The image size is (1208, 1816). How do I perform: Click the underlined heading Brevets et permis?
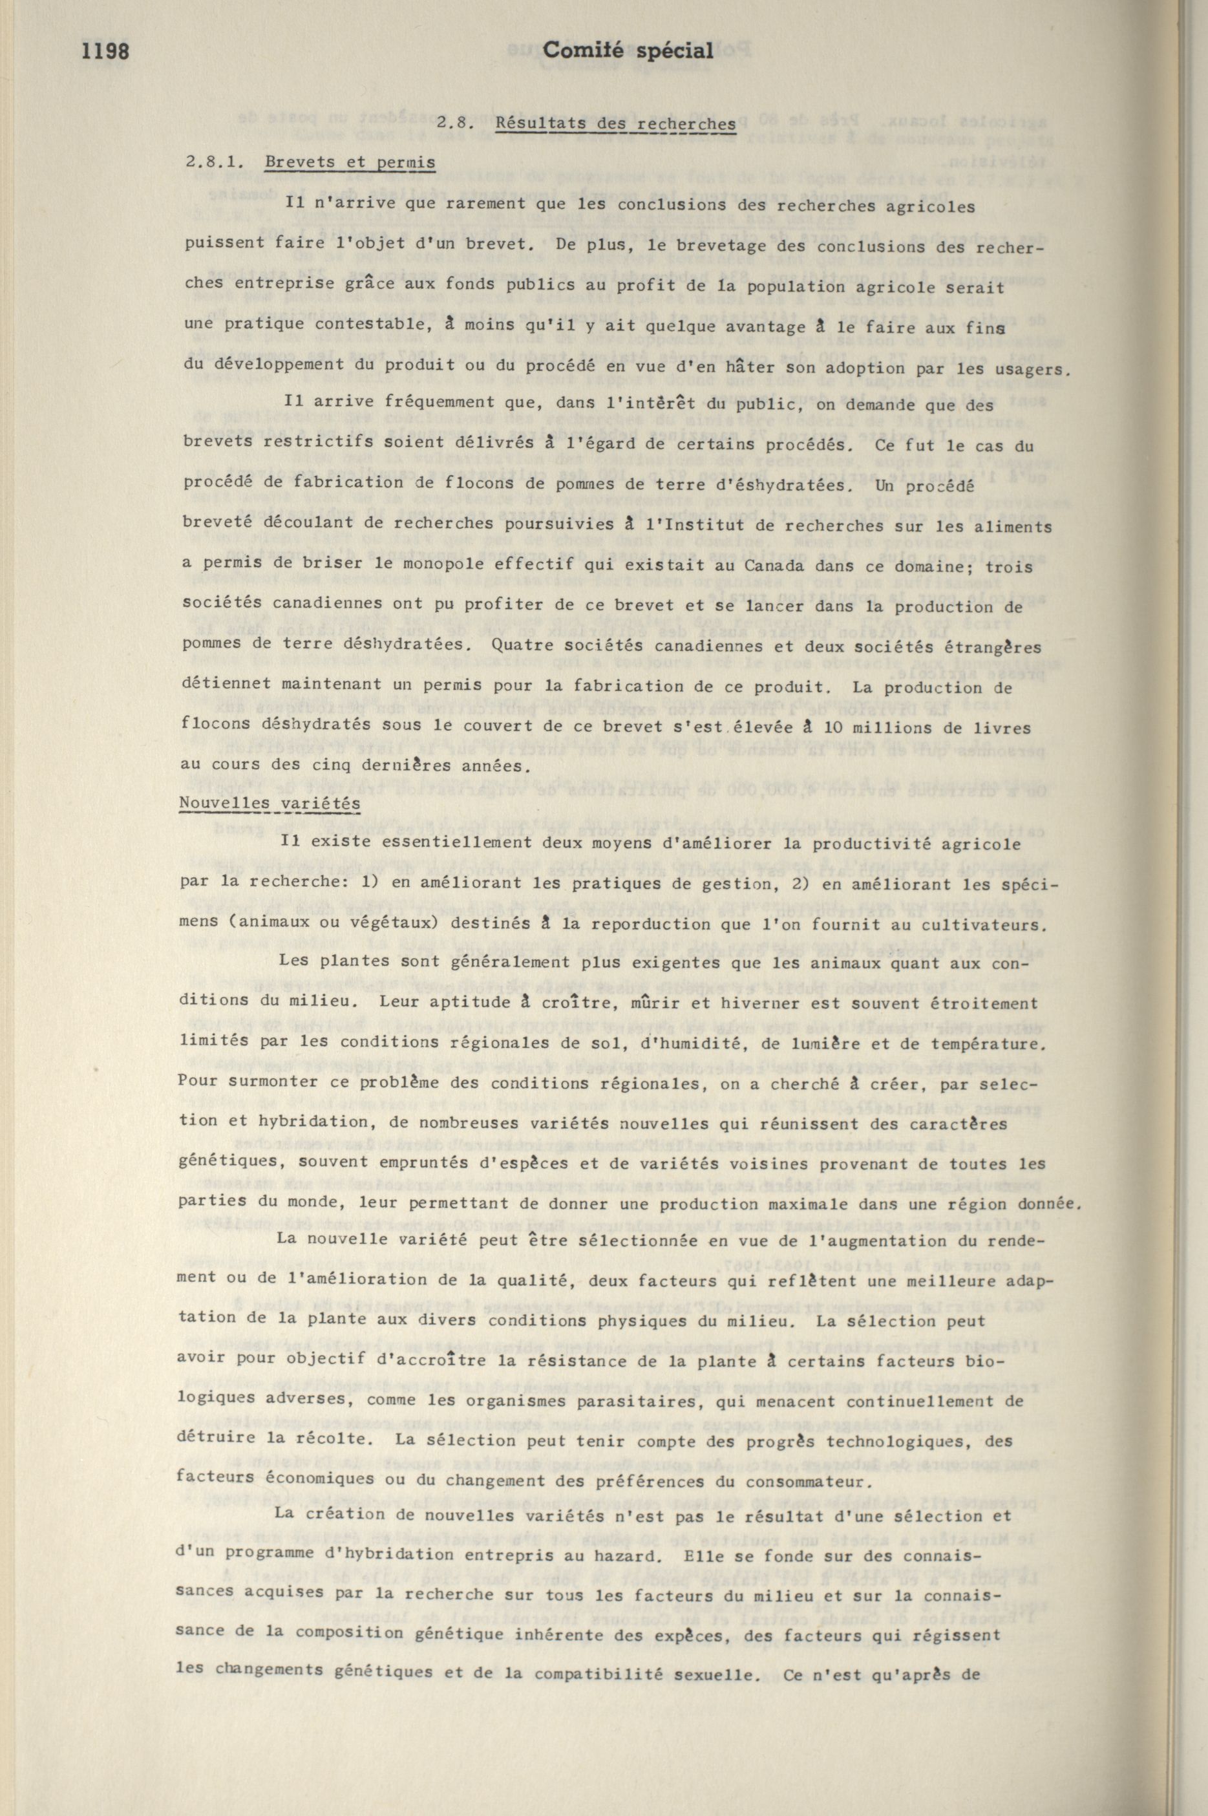[349, 162]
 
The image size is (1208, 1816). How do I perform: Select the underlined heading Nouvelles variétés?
[270, 802]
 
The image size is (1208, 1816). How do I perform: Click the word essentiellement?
[405, 843]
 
